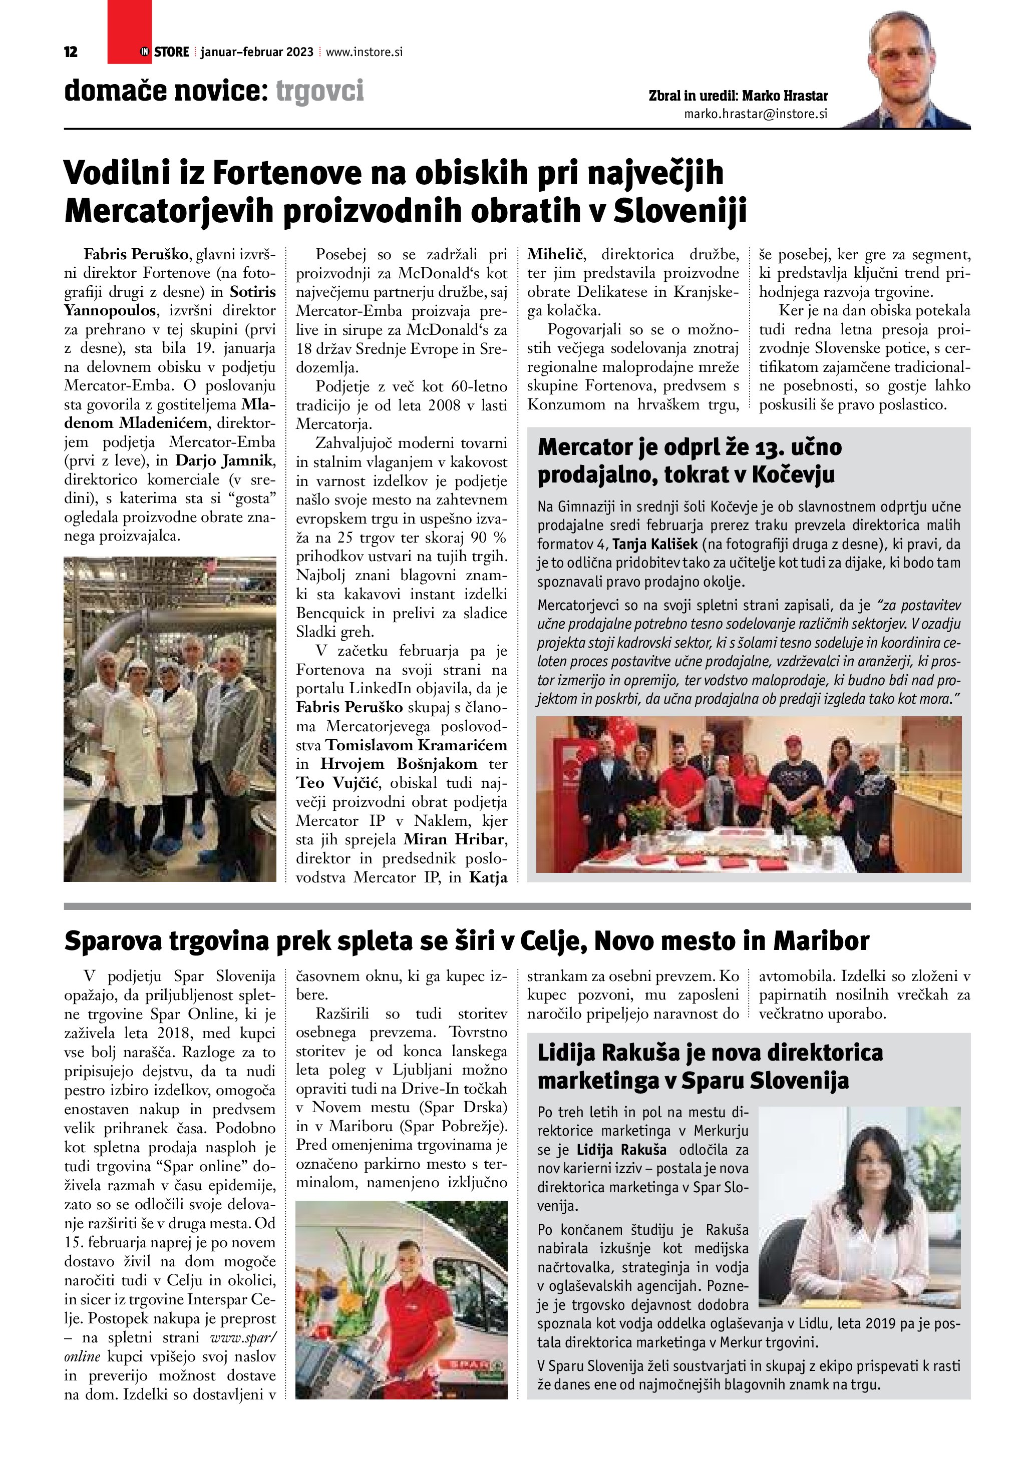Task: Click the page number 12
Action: coord(71,52)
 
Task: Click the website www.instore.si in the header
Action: coord(364,52)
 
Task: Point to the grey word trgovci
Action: coord(320,91)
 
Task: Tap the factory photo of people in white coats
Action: coord(170,719)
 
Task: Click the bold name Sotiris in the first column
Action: coord(252,292)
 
